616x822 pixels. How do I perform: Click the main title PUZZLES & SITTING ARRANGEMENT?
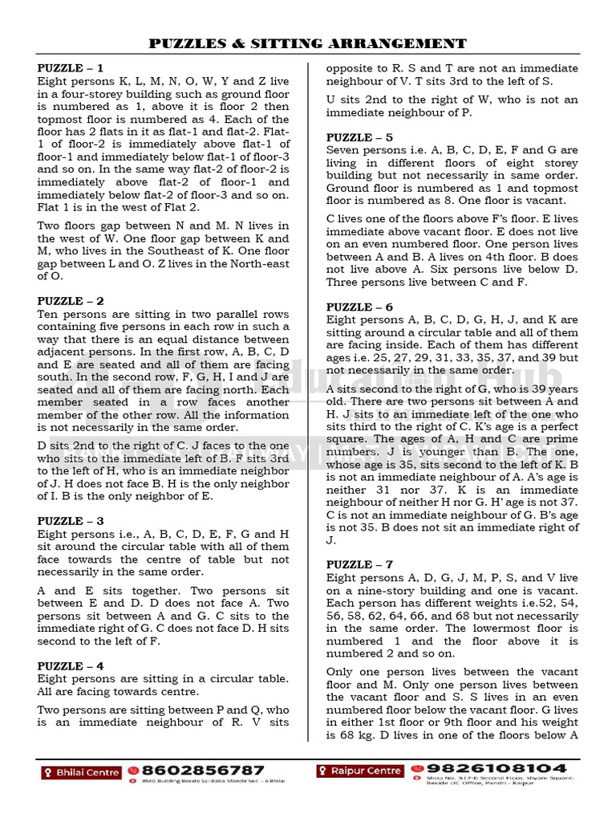[x=308, y=43]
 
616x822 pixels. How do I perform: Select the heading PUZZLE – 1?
[x=71, y=68]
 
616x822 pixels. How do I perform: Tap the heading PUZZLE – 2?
[x=71, y=301]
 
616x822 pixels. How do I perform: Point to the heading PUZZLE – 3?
[x=71, y=521]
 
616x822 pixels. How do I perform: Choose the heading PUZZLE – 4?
[x=71, y=666]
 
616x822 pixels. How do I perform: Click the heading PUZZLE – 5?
[x=359, y=137]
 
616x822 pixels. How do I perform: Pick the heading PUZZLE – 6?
[x=359, y=307]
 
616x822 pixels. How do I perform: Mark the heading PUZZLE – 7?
[x=359, y=564]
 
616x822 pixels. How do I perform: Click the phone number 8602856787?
[x=203, y=770]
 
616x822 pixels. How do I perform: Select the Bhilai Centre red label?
[x=81, y=772]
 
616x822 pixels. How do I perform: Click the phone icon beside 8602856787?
[x=133, y=770]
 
